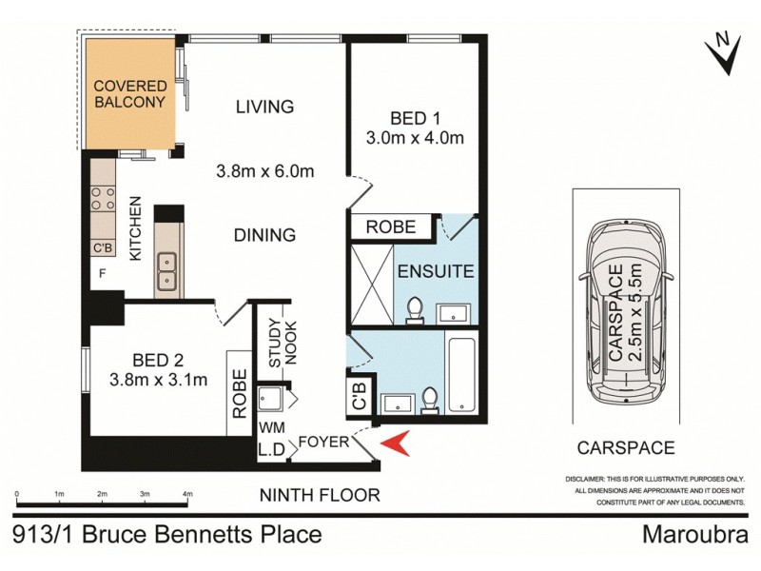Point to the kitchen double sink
[x=167, y=269]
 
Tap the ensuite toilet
[x=415, y=309]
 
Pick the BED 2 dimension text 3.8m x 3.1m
[x=157, y=382]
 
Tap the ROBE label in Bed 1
[x=390, y=226]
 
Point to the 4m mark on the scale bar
[x=187, y=495]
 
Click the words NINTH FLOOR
[x=321, y=495]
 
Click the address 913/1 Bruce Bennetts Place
[x=167, y=534]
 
